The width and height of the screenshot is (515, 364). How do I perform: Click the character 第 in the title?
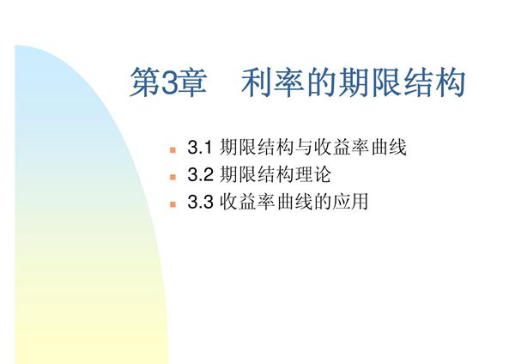[x=145, y=83]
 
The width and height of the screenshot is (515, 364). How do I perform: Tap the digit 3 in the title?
[x=168, y=84]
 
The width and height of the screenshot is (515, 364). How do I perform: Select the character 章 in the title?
[x=191, y=83]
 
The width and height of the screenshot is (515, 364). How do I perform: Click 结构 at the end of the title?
[x=441, y=83]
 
